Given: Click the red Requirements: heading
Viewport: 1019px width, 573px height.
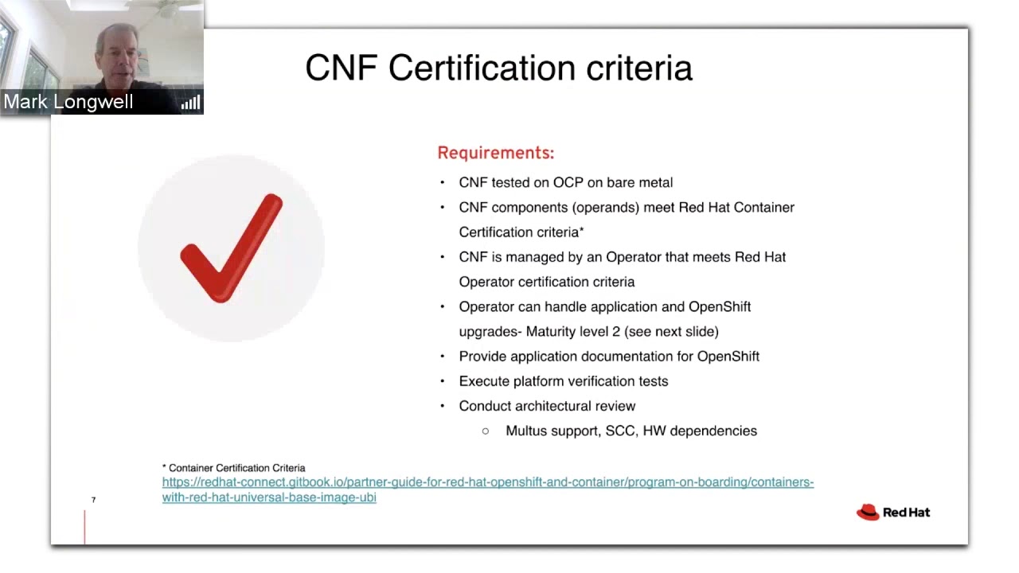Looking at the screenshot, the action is (496, 153).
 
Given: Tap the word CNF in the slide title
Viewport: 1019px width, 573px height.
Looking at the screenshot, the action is (342, 68).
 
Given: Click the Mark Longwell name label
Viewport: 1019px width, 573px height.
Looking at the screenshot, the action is (68, 101).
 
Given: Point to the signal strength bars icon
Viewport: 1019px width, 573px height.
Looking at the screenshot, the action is (190, 103).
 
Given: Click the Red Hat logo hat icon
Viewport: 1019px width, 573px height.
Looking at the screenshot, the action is (868, 513).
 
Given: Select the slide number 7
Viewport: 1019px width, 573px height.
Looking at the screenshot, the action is (93, 500).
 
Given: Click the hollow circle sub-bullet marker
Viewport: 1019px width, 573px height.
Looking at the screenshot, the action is (486, 431).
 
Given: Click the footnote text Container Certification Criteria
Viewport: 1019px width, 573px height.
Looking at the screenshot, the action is (236, 468).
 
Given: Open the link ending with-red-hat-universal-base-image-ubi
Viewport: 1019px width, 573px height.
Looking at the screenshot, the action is (269, 497).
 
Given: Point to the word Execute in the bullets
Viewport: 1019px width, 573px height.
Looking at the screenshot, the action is (484, 381).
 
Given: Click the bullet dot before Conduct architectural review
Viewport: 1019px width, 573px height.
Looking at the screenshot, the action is (442, 406).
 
